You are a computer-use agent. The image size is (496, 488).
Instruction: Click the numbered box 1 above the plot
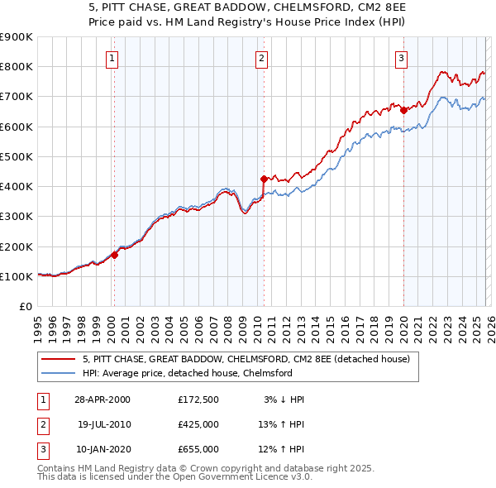click(x=112, y=58)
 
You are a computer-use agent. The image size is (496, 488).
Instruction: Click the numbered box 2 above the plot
click(x=261, y=58)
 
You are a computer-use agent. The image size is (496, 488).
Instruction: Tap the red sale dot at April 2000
click(x=115, y=255)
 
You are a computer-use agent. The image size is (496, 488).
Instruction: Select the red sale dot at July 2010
click(x=264, y=179)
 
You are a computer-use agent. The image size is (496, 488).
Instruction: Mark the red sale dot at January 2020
click(x=403, y=109)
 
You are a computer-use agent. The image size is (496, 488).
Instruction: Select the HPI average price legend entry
click(x=188, y=373)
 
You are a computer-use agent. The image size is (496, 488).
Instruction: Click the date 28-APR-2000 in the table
click(x=103, y=399)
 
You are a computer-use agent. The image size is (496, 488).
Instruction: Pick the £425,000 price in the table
click(x=198, y=423)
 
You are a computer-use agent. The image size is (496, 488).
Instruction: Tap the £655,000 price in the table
click(x=198, y=449)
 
